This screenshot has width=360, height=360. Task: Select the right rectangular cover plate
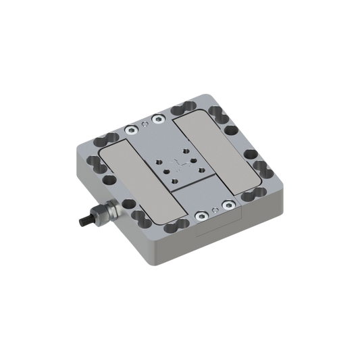coord(220,156)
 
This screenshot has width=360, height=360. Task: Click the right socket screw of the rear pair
coord(158,118)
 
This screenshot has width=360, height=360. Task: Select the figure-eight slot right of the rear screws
coord(182,112)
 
